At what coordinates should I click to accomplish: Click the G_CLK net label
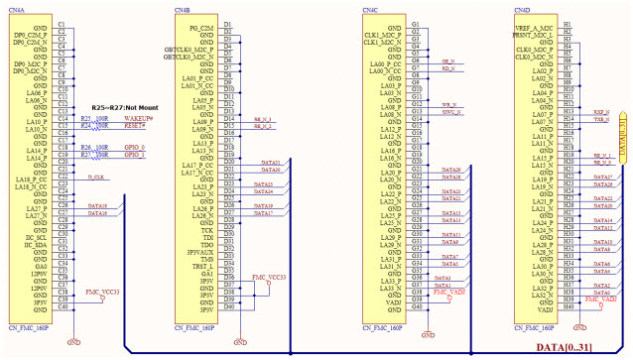pyautogui.click(x=95, y=176)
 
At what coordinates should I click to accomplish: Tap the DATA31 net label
pyautogui.click(x=271, y=161)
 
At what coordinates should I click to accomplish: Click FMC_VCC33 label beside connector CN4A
pyautogui.click(x=102, y=293)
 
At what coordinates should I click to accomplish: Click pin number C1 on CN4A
pyautogui.click(x=63, y=23)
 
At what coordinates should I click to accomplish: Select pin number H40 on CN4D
pyautogui.click(x=567, y=306)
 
